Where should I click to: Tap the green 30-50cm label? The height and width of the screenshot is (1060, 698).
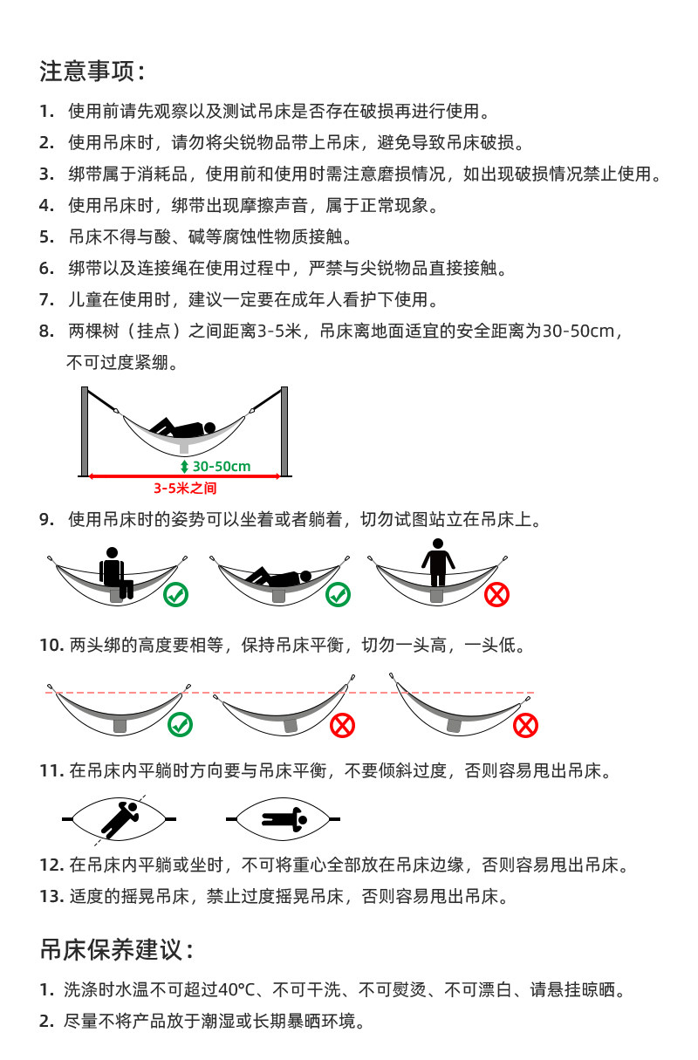pos(221,467)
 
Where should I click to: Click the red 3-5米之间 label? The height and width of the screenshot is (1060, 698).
pos(185,489)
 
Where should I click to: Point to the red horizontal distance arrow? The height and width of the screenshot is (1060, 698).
pos(184,476)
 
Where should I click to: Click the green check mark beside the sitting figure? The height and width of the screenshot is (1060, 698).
pos(176,595)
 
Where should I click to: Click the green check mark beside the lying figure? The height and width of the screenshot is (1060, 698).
pos(338,595)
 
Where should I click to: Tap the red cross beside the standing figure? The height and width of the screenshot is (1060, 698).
pos(496,595)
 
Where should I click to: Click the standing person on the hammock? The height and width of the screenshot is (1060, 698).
pos(437,563)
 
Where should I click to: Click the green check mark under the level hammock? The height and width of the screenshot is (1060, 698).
pos(180,724)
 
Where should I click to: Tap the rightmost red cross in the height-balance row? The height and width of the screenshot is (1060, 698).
pos(525,725)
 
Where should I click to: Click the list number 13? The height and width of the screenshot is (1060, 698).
pos(51,896)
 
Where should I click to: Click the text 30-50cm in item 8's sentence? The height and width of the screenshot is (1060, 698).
pos(579,332)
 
